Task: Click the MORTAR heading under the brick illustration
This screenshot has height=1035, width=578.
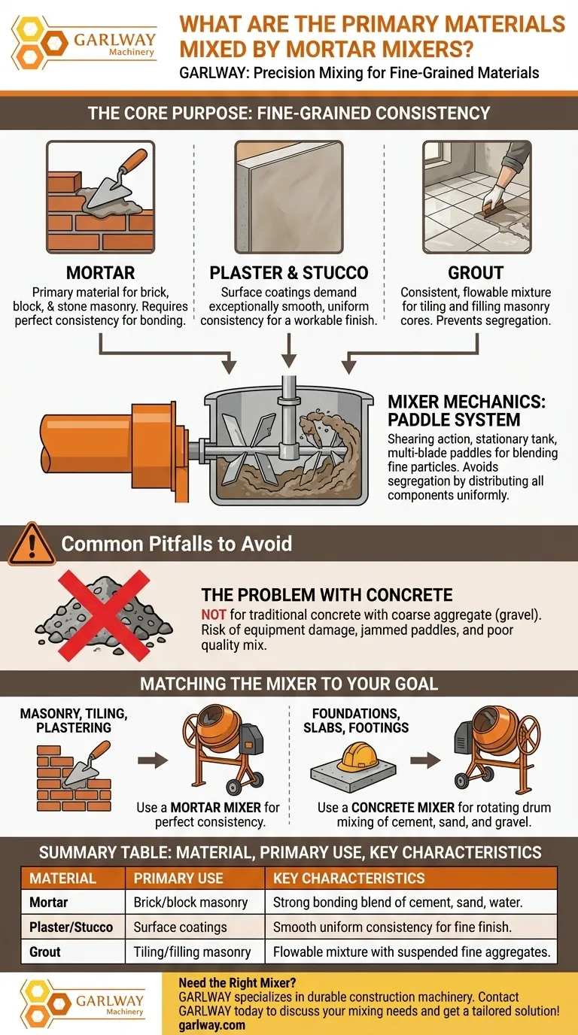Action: pos(100,272)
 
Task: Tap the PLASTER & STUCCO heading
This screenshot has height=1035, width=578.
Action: pos(288,272)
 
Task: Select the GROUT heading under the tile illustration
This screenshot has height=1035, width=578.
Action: pos(476,272)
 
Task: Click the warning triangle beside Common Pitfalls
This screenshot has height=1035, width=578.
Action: pos(32,543)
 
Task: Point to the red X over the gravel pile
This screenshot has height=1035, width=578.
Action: pos(104,615)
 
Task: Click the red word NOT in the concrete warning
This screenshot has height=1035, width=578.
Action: pos(213,615)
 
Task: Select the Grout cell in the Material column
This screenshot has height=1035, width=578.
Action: pos(45,952)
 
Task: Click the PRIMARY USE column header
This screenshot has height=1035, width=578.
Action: pos(178,878)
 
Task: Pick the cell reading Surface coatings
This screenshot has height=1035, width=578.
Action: pos(180,927)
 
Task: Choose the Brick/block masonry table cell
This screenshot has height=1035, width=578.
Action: pos(190,903)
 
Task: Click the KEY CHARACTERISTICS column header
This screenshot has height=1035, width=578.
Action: pos(348,878)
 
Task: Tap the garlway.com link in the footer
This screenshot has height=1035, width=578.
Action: pos(211,1025)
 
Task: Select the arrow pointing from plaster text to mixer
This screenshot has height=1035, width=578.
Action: pos(288,351)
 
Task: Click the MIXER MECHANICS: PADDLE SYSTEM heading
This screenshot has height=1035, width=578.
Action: pos(467,410)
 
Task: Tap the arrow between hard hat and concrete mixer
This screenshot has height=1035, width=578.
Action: pos(425,760)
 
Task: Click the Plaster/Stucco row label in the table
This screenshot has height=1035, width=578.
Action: pos(71,927)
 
